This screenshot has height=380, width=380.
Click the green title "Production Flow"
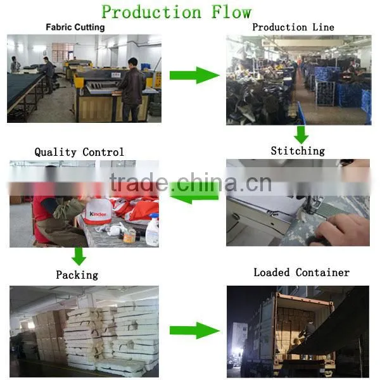(x=177, y=11)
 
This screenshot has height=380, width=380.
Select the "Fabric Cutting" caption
(x=75, y=27)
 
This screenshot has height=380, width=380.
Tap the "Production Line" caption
(x=293, y=27)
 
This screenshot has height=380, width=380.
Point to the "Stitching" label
(x=298, y=151)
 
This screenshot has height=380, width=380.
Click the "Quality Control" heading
(x=79, y=152)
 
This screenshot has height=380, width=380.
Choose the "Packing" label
(x=77, y=275)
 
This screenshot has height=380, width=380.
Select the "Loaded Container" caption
(x=301, y=272)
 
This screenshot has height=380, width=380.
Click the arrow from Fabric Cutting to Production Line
(x=194, y=75)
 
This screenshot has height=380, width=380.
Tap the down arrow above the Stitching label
(x=301, y=135)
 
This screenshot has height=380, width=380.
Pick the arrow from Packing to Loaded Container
(x=194, y=331)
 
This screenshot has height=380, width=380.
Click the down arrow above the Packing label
(x=79, y=256)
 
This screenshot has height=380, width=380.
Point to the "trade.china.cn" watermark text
(x=191, y=182)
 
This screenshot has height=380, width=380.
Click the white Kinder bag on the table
(x=98, y=212)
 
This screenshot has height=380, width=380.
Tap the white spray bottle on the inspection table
(x=153, y=230)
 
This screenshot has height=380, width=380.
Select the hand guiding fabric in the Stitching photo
(x=342, y=231)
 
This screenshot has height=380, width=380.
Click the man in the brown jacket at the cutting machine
(x=131, y=90)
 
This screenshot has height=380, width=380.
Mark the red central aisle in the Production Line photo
(x=303, y=92)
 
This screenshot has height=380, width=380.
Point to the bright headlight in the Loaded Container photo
(x=237, y=351)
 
